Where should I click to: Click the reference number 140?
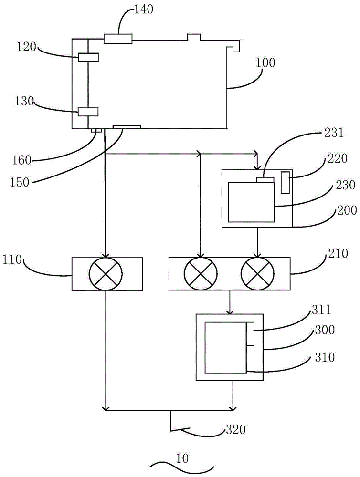pos(144,10)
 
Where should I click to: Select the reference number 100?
pos(265,62)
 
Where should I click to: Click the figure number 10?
pos(181,459)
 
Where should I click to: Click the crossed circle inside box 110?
pos(106,273)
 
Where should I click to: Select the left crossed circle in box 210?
pos(201,273)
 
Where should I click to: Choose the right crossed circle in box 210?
pos(258,273)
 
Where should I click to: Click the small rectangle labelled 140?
pos(117,39)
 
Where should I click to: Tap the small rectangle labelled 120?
pos(88,57)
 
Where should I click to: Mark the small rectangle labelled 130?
pos(88,112)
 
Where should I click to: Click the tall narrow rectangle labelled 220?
pos(285,183)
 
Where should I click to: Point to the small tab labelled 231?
pos(265,179)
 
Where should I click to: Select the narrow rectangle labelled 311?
pos(250,333)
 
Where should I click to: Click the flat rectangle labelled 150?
pos(127,127)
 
